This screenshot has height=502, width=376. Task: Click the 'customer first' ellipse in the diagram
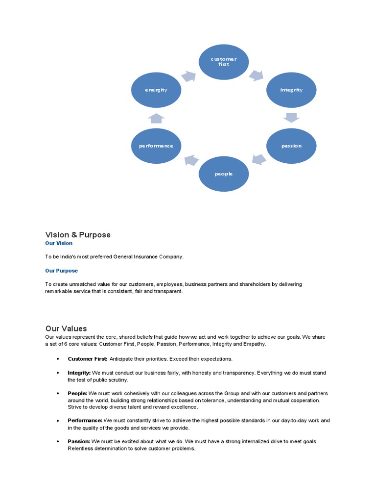point(223,61)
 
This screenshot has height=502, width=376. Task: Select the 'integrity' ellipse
point(291,90)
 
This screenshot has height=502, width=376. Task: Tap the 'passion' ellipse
point(291,146)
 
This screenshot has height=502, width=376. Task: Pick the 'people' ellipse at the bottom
point(223,174)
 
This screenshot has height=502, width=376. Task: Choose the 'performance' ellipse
point(156,146)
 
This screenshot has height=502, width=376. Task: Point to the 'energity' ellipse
point(156,90)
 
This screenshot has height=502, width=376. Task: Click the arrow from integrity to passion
point(291,117)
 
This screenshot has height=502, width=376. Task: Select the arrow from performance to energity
point(156,118)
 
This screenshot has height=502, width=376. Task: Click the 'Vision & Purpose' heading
point(78,235)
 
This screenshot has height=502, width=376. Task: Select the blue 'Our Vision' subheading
point(59,243)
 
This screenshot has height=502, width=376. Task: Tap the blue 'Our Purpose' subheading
point(61,271)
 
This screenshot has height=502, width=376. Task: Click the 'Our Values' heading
point(66,328)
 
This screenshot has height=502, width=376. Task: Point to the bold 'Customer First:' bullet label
point(88,359)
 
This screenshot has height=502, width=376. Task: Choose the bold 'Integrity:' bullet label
point(79,373)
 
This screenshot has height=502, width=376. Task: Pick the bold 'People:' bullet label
point(77,393)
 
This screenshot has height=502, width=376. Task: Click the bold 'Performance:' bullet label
point(85,421)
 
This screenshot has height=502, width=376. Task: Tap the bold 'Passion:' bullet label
point(79,441)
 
